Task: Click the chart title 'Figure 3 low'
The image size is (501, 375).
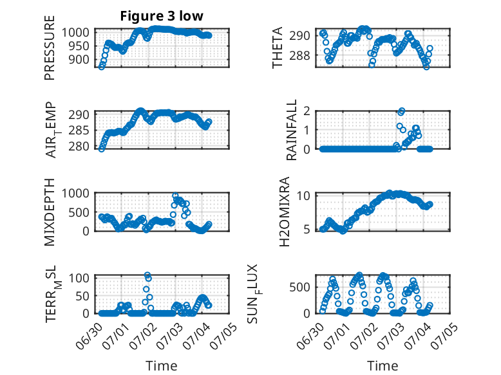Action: [x=162, y=16]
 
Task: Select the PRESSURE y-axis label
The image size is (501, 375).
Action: [x=50, y=48]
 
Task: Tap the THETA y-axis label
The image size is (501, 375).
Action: [x=278, y=48]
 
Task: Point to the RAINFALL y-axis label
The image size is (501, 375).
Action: [x=292, y=130]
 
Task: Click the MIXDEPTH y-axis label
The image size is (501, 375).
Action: [x=50, y=212]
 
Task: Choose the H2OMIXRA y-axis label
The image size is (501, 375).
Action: [x=285, y=212]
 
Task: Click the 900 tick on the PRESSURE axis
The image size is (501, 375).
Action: [x=79, y=59]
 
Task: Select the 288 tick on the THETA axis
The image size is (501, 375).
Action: [x=299, y=55]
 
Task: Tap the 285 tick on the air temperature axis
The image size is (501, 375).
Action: [x=79, y=131]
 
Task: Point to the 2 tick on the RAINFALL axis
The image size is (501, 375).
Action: [x=307, y=111]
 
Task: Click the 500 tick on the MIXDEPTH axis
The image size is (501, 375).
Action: [x=79, y=212]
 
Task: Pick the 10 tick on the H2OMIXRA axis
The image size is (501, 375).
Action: [x=303, y=196]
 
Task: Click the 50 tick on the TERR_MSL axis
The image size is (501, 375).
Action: [x=82, y=296]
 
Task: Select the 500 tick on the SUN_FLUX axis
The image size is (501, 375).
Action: [x=299, y=288]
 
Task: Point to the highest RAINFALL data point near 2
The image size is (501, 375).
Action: [x=402, y=111]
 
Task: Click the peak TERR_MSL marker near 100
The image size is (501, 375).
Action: [x=147, y=275]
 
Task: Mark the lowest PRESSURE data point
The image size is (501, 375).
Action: [x=102, y=66]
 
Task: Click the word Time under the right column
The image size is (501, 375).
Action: [x=383, y=366]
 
